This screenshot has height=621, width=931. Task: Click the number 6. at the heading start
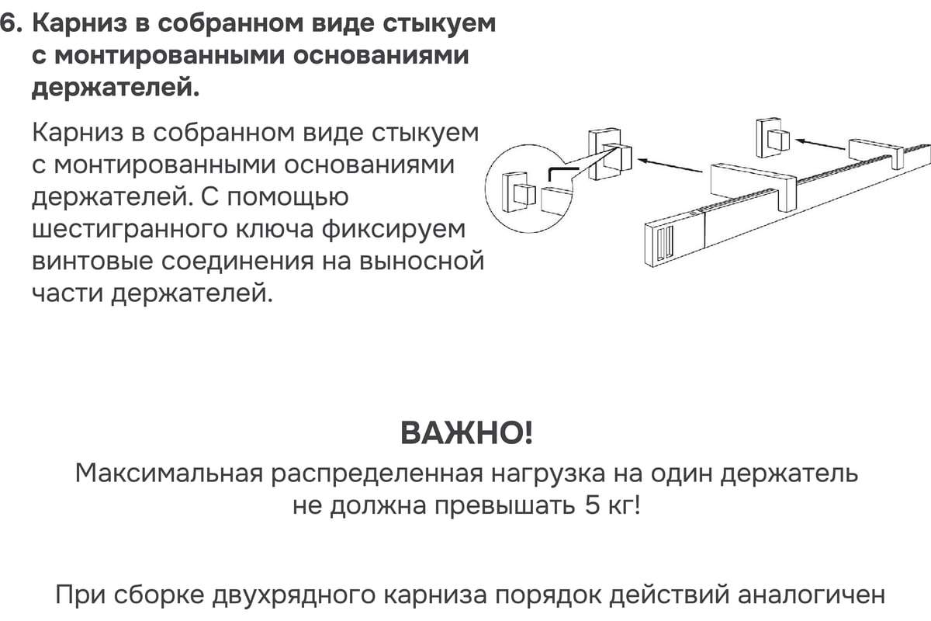click(x=11, y=24)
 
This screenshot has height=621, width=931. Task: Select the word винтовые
click(x=92, y=262)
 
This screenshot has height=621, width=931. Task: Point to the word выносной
click(x=421, y=262)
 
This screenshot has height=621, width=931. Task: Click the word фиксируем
click(x=393, y=230)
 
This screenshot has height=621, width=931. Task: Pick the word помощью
click(x=287, y=197)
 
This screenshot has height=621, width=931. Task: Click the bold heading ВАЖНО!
click(x=466, y=433)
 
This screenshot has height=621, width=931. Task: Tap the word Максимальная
click(x=169, y=474)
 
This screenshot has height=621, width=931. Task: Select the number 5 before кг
click(x=592, y=505)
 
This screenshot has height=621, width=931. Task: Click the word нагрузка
click(x=549, y=474)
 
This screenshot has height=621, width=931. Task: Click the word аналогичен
click(x=812, y=595)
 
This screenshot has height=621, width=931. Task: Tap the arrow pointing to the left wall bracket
click(x=670, y=165)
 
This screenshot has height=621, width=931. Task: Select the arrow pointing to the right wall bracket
click(x=820, y=144)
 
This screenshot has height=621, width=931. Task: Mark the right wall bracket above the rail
click(x=772, y=137)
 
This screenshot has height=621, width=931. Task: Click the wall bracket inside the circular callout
click(x=519, y=192)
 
